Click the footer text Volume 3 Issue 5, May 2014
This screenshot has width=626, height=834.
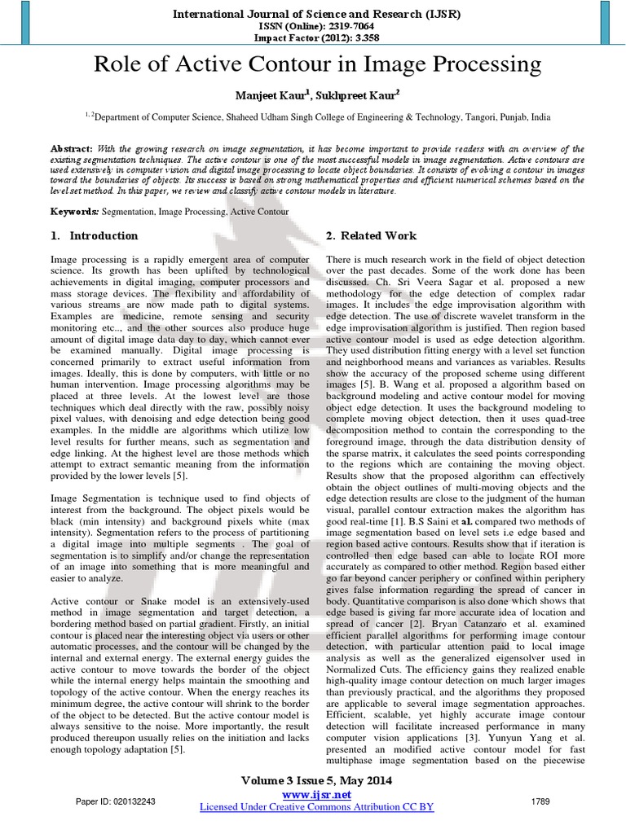317,781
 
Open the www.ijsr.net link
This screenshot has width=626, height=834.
317,794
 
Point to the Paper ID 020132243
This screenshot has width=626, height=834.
117,801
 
